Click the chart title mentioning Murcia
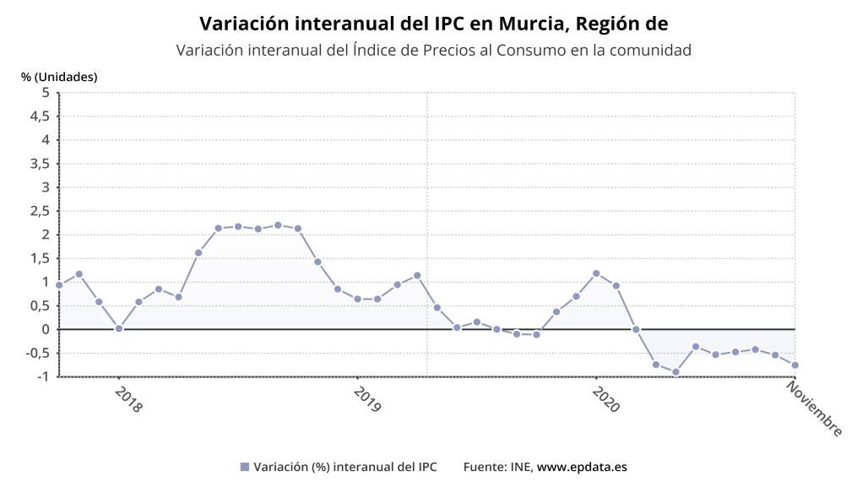pos(433,24)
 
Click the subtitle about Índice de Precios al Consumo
pos(433,50)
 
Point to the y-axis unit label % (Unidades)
pos(59,77)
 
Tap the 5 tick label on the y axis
pos(46,92)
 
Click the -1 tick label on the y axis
pos(43,377)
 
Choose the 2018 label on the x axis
pos(128,399)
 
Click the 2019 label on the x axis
pos(367,399)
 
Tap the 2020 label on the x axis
pos(605,399)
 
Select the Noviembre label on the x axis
pos(814,409)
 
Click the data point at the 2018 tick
pos(118,328)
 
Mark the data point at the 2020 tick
pos(596,274)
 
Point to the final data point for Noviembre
pos(795,366)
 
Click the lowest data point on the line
pos(675,372)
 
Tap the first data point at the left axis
pos(59,285)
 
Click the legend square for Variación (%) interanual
pos(245,467)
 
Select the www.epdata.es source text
pos(582,467)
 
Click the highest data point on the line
pos(278,225)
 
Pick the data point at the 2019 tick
pos(358,300)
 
